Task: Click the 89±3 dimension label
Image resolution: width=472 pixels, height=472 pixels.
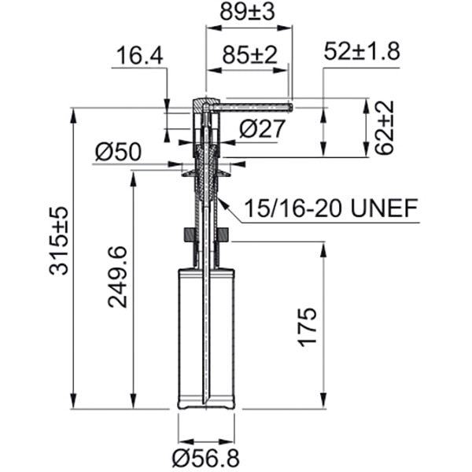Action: (248, 13)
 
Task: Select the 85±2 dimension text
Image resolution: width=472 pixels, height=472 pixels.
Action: (249, 57)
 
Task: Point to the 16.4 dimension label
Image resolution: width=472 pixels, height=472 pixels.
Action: (138, 56)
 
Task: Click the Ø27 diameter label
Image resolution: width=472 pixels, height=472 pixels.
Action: (260, 128)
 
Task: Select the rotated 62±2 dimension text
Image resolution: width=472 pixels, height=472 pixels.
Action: (385, 127)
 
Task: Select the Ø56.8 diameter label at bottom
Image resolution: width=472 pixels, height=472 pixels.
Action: (206, 457)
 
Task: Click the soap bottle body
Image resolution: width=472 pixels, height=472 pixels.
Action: (206, 338)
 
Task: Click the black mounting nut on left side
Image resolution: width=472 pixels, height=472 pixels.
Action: (188, 235)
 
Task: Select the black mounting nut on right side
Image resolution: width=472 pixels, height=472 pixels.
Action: (223, 235)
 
